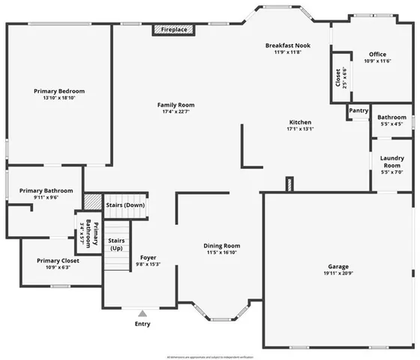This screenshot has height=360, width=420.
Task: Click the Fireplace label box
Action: pyautogui.click(x=175, y=30)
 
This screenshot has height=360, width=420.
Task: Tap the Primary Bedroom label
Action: pyautogui.click(x=55, y=91)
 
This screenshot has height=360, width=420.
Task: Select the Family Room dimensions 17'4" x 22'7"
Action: pyautogui.click(x=175, y=112)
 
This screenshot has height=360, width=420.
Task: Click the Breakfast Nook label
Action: pyautogui.click(x=286, y=46)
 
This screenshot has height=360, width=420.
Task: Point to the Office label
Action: pyautogui.click(x=377, y=54)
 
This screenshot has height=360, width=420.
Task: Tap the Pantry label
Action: pyautogui.click(x=358, y=111)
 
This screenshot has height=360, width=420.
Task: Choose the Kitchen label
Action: pyautogui.click(x=298, y=122)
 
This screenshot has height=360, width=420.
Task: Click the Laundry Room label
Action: pyautogui.click(x=392, y=161)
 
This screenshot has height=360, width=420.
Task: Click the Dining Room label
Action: pyautogui.click(x=221, y=246)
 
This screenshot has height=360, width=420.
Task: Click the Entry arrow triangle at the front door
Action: pyautogui.click(x=142, y=313)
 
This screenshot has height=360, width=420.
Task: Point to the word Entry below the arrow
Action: pyautogui.click(x=142, y=324)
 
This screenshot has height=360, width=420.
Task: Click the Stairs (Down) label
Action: pyautogui.click(x=124, y=204)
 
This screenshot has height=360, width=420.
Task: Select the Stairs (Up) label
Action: pyautogui.click(x=117, y=243)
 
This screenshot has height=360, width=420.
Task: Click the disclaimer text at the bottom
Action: pyautogui.click(x=210, y=356)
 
